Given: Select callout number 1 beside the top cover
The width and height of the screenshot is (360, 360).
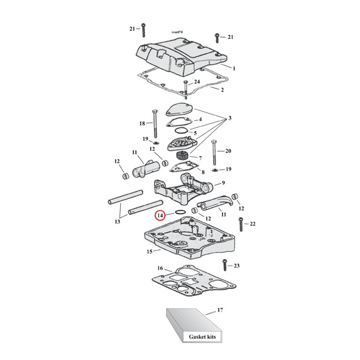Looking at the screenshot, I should (x=234, y=68).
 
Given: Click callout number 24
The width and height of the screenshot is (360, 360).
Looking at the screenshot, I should (x=196, y=82).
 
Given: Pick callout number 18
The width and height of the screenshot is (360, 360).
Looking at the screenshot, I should (x=142, y=124).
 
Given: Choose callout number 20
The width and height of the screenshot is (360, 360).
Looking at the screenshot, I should (x=229, y=151).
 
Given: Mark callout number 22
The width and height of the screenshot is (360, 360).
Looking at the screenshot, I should (x=253, y=224).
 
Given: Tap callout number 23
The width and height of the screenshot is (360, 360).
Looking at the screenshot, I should (x=236, y=266).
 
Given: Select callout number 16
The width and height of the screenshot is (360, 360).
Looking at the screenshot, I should (x=160, y=268).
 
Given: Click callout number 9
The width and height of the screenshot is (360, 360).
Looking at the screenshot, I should (x=223, y=183).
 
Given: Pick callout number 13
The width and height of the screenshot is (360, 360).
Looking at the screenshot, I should (x=117, y=222).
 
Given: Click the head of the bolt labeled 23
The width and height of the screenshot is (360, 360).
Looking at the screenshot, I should (x=224, y=262).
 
